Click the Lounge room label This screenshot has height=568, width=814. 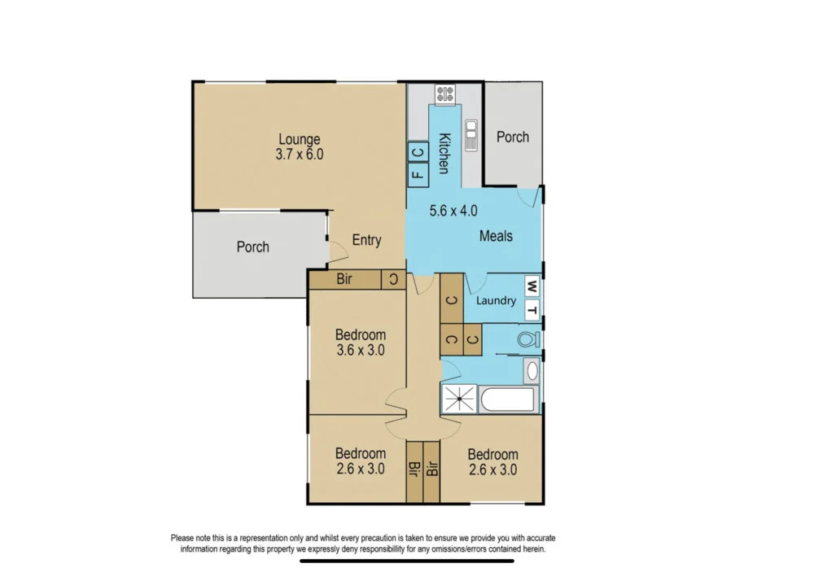pyautogui.click(x=299, y=139)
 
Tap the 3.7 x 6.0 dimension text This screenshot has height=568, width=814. pyautogui.click(x=299, y=154)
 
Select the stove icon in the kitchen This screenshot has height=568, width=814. pyautogui.click(x=444, y=94)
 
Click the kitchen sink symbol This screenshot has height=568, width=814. pyautogui.click(x=470, y=135)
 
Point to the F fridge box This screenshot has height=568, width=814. pyautogui.click(x=418, y=173)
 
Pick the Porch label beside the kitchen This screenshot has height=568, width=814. pyautogui.click(x=513, y=137)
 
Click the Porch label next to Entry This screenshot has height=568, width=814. pyautogui.click(x=252, y=247)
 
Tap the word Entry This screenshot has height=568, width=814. pyautogui.click(x=366, y=240)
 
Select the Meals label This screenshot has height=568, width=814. pyautogui.click(x=496, y=236)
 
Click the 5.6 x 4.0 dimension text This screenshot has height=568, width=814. pyautogui.click(x=453, y=211)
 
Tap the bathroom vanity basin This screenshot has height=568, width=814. pyautogui.click(x=532, y=372)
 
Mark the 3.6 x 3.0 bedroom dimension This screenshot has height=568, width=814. pyautogui.click(x=360, y=351)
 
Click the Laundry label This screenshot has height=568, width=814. pyautogui.click(x=496, y=300)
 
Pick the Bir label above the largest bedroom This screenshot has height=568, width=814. pyautogui.click(x=344, y=280)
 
